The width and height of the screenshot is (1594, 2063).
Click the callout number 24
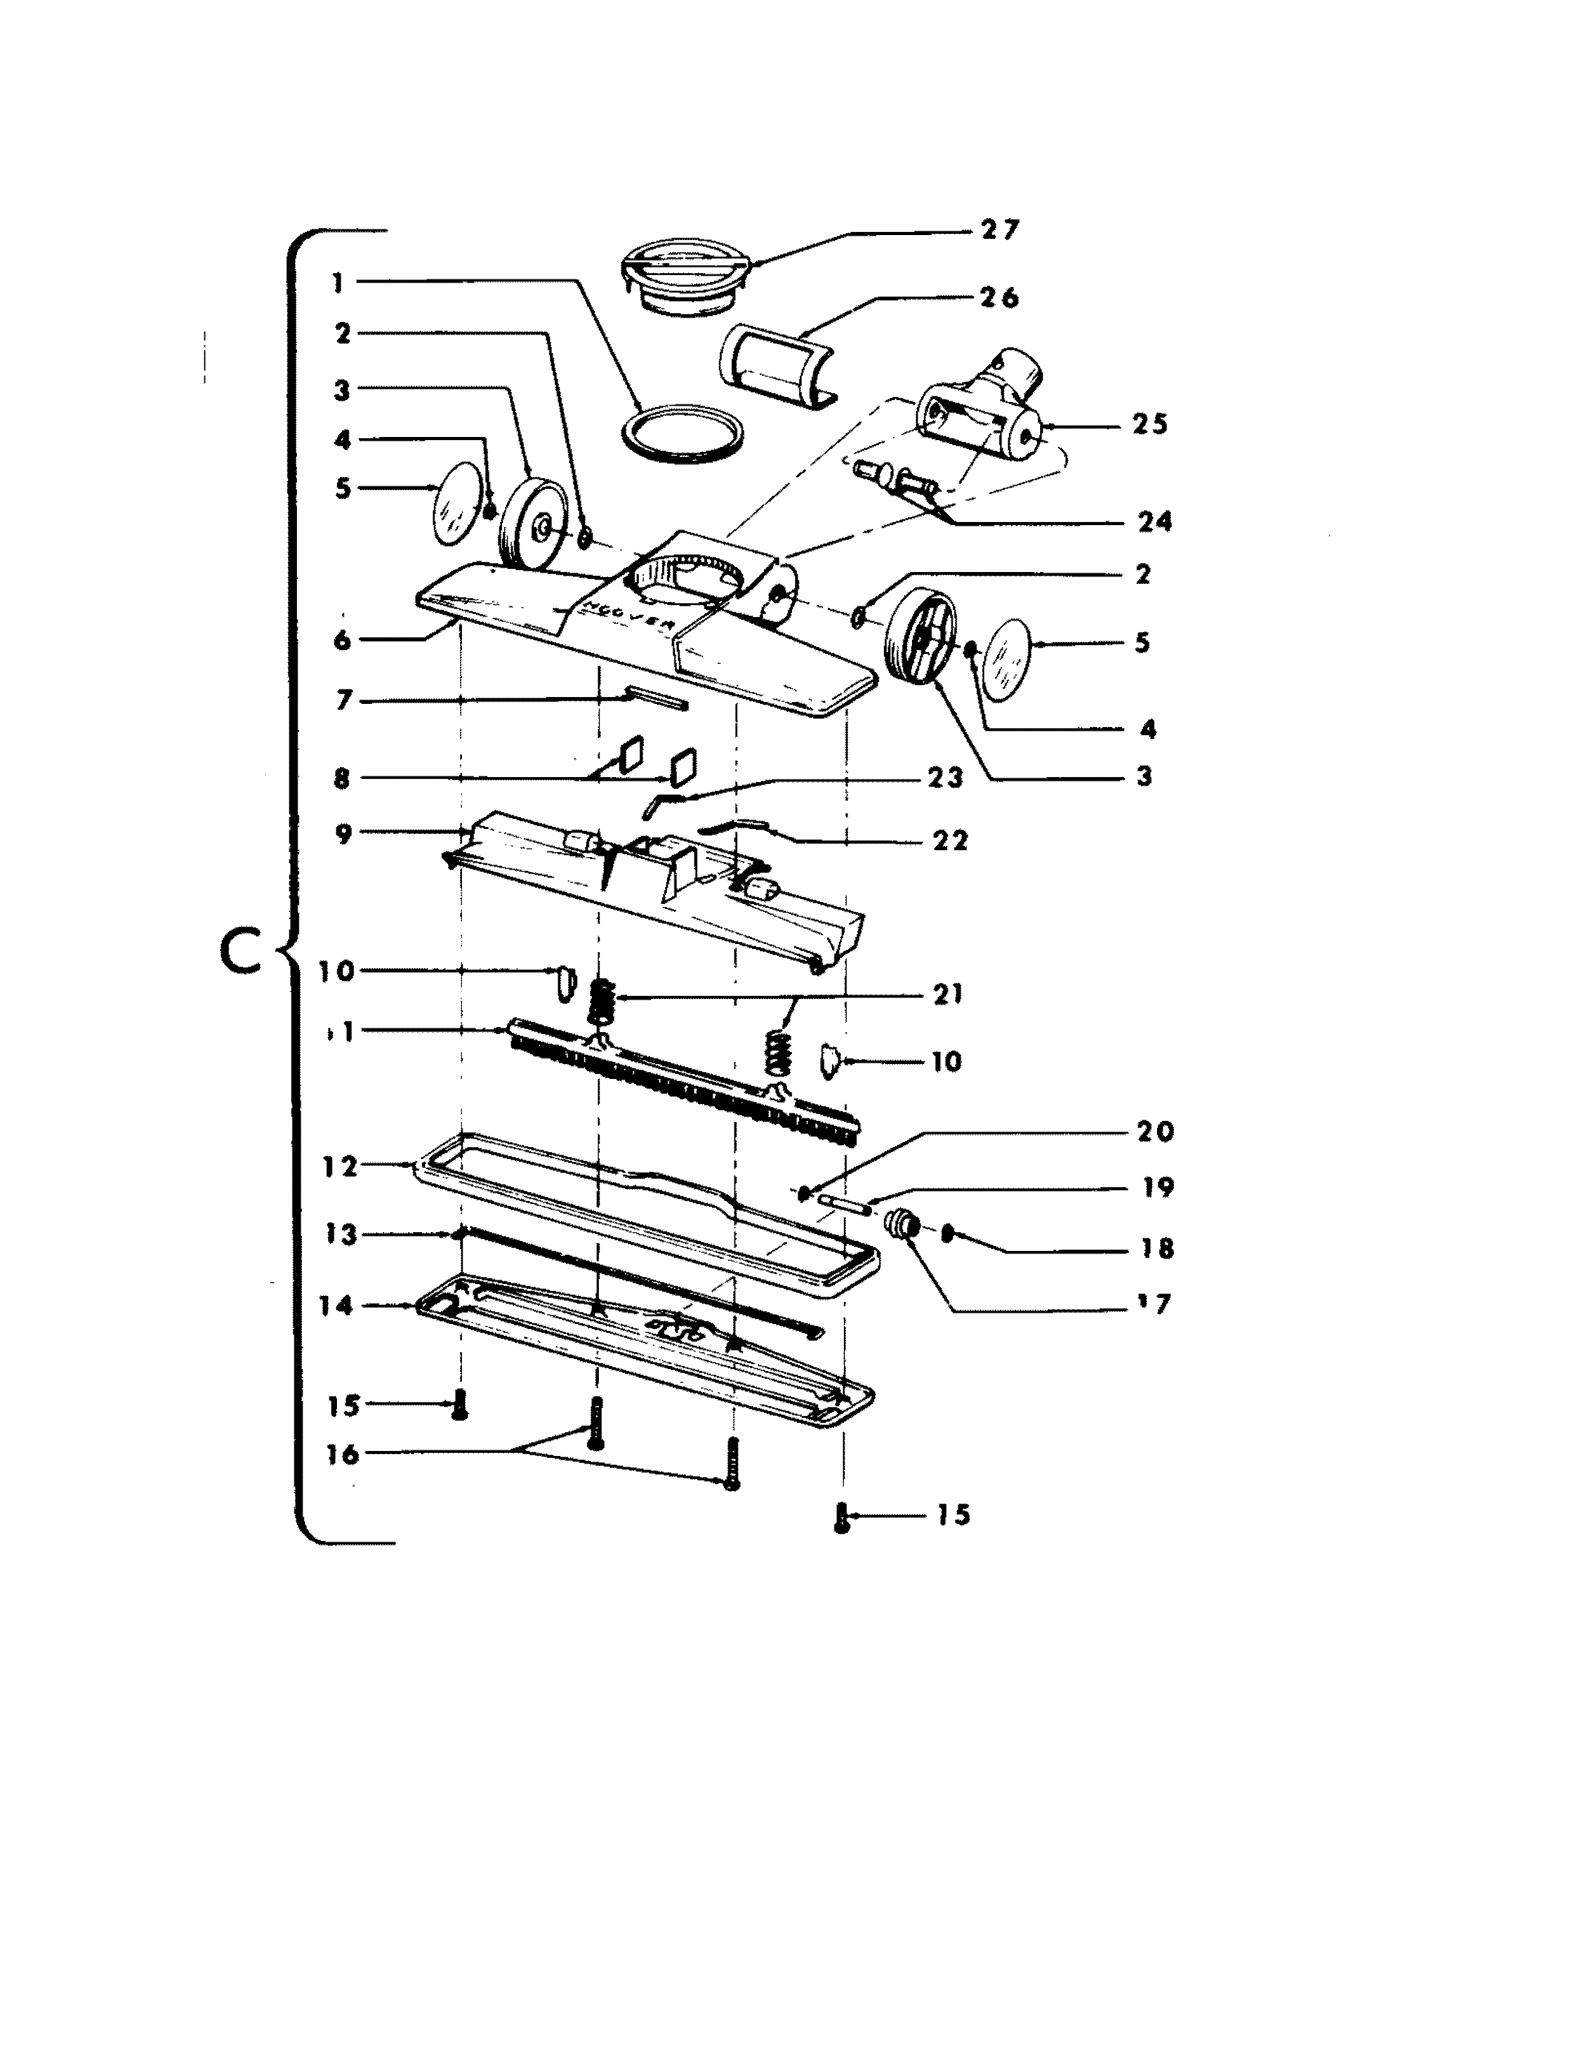click(1154, 521)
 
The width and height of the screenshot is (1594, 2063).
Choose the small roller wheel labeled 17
click(902, 1226)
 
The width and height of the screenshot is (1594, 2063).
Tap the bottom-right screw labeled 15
click(843, 1518)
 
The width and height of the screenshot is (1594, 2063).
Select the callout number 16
click(342, 1455)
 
